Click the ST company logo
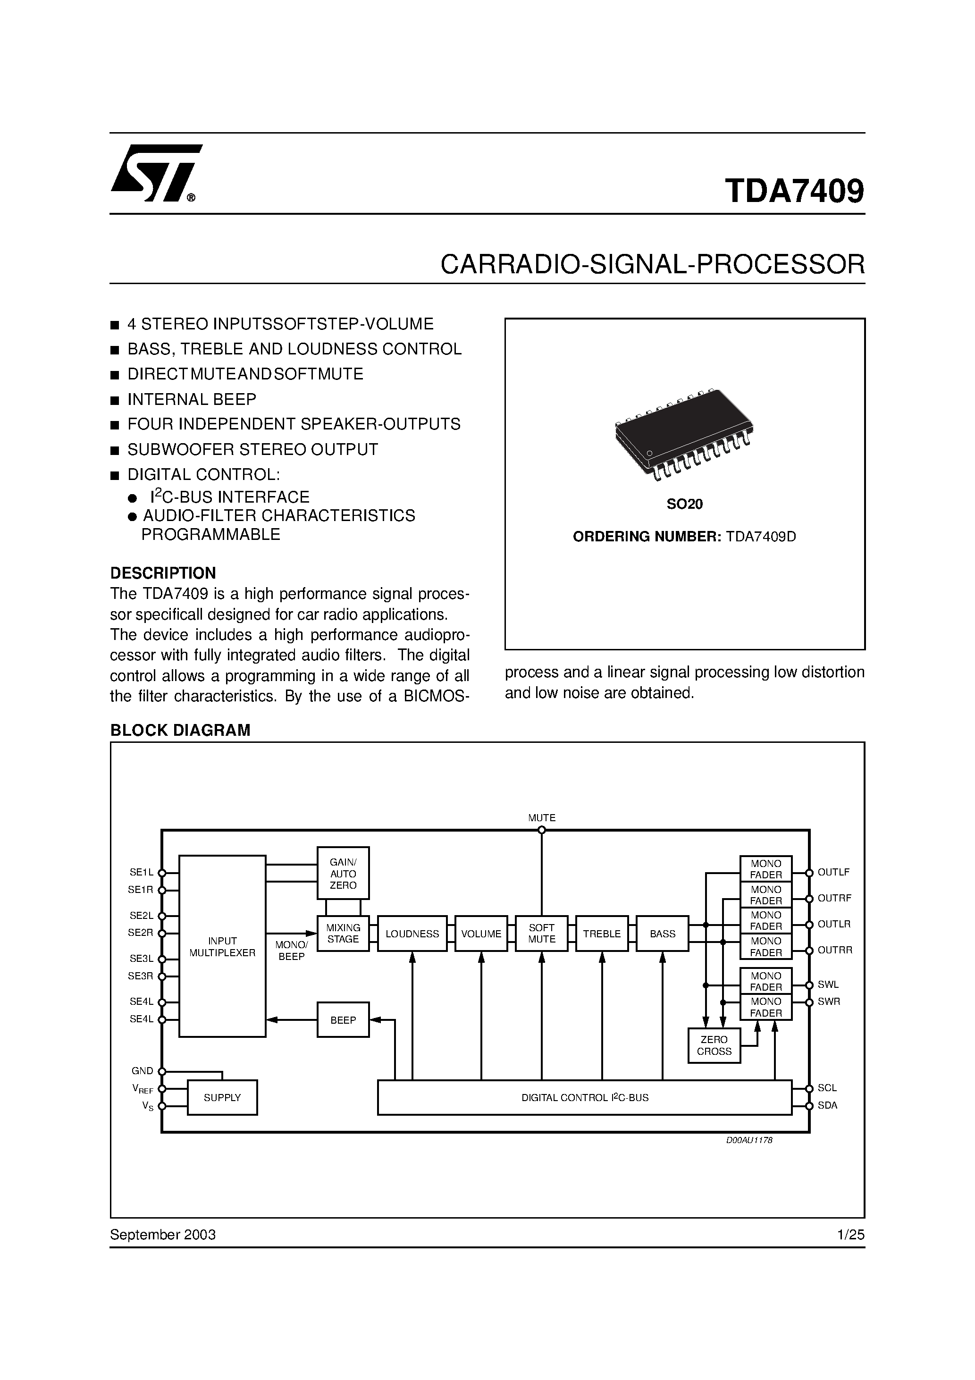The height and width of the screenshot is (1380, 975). (156, 173)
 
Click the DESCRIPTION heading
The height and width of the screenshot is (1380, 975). (162, 573)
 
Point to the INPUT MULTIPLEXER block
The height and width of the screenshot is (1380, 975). (222, 947)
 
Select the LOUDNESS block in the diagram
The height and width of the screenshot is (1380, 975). (412, 934)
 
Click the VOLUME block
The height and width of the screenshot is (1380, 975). (481, 934)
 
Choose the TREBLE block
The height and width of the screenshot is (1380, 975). (602, 934)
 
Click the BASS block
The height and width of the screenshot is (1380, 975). (663, 934)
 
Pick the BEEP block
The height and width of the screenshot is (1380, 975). (343, 1020)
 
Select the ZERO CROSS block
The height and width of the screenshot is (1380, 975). (714, 1045)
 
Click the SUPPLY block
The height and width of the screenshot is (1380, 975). (222, 1097)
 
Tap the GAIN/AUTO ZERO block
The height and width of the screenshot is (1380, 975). (343, 873)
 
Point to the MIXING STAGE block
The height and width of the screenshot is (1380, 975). (343, 934)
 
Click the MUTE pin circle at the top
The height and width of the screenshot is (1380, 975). (542, 830)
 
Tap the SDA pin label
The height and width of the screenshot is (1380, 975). (827, 1105)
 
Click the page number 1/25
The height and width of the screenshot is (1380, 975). (850, 1235)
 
